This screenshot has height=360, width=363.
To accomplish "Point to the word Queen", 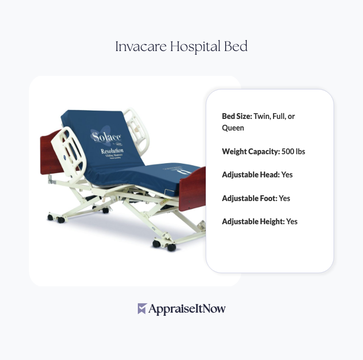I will coord(233,128).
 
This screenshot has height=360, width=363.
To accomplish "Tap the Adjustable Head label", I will coord(250,175).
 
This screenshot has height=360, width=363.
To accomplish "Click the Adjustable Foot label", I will coord(249,198).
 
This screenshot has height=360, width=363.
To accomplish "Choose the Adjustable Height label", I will coord(253,222).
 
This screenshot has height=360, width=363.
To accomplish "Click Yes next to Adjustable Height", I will coord(291,222).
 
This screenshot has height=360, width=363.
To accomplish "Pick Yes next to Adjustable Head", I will coord(287,175).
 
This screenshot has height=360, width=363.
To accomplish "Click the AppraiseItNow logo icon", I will coord(142,309).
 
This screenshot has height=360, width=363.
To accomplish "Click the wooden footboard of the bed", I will coord(191,187).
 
